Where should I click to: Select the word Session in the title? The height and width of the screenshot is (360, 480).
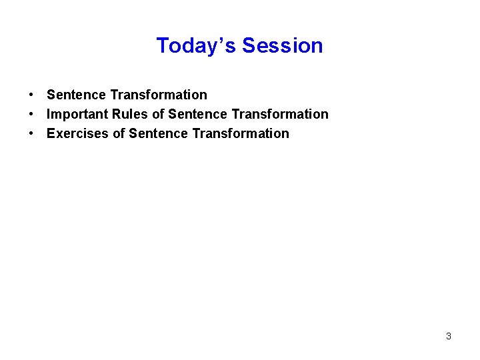(x=283, y=45)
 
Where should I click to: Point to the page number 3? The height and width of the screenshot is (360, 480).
(x=449, y=336)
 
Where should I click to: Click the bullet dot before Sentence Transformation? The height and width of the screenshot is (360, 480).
(x=31, y=95)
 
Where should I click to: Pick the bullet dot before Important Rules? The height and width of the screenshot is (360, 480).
(x=31, y=115)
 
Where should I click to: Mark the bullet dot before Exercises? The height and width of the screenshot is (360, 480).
(x=31, y=134)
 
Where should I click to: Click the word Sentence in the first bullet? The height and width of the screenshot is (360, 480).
(x=76, y=95)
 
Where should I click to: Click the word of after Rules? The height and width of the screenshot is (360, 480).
(x=158, y=114)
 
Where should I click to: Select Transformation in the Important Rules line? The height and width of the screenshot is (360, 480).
(x=280, y=114)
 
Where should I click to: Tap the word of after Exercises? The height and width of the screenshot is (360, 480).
(x=119, y=133)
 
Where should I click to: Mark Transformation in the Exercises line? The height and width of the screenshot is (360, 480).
(x=241, y=133)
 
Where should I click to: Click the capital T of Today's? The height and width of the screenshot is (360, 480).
(x=162, y=45)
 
